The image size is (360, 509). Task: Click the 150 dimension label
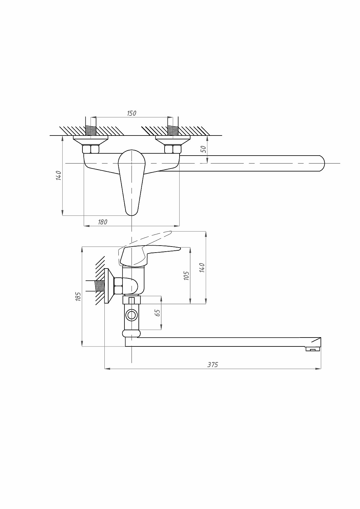point(131,113)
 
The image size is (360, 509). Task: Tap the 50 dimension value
point(203,149)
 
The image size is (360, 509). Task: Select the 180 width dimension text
point(102,222)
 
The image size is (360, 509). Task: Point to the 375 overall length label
point(213,365)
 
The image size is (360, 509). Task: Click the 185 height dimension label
point(78,296)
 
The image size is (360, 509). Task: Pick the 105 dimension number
point(187,275)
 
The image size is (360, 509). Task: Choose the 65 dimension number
point(157,313)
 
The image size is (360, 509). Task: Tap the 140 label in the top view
point(59,175)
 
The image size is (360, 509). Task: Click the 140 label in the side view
point(202,268)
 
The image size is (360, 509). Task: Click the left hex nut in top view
point(90,149)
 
